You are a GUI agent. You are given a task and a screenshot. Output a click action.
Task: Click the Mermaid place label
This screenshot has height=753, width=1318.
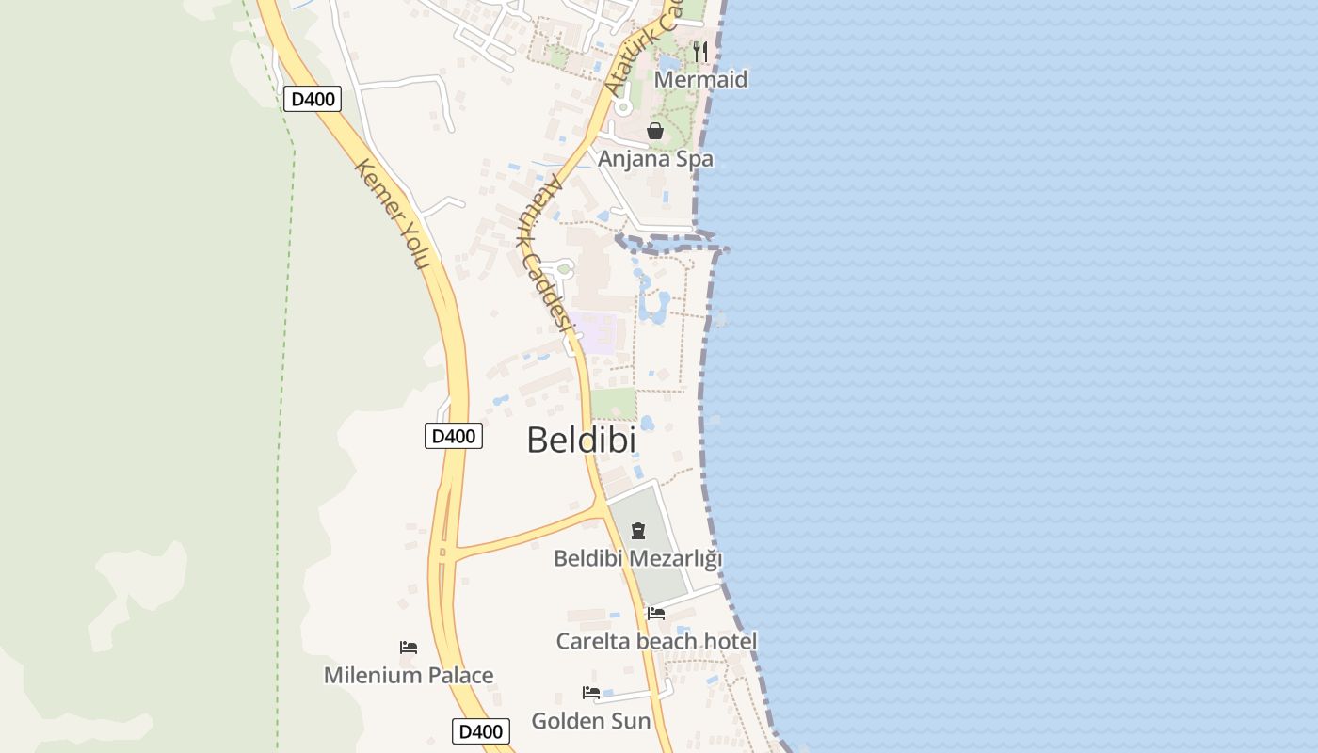tap(700, 80)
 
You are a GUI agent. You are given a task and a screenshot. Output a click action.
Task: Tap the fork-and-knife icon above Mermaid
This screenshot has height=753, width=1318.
tap(699, 51)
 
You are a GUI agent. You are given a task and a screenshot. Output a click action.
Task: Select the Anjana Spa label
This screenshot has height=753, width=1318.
tap(655, 159)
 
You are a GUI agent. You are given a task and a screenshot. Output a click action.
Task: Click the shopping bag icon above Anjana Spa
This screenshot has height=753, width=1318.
tap(655, 131)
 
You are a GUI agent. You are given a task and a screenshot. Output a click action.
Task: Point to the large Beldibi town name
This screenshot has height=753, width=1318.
tap(581, 440)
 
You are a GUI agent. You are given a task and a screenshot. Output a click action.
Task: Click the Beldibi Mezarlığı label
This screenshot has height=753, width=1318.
tap(637, 558)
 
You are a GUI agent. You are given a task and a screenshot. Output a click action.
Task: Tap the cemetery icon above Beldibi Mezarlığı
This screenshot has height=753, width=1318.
tap(638, 531)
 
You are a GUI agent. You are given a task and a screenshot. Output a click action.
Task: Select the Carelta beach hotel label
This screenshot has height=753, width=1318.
tap(656, 641)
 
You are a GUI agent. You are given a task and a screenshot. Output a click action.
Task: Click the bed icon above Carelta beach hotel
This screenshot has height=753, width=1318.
tap(656, 614)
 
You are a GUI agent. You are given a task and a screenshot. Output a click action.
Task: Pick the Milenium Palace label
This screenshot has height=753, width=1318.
tap(409, 675)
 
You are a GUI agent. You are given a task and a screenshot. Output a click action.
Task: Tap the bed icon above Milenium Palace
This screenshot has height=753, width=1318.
tap(409, 648)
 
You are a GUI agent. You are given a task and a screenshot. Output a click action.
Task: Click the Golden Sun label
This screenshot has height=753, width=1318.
tap(591, 721)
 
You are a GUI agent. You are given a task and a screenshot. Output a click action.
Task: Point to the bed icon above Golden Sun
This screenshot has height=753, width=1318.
tap(591, 694)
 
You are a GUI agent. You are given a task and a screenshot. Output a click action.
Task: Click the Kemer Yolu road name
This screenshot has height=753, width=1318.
tap(393, 214)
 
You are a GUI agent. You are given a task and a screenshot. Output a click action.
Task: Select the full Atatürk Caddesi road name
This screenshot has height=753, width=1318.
tap(545, 254)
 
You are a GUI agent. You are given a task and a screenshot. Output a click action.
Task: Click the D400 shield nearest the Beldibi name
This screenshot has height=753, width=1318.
tap(454, 436)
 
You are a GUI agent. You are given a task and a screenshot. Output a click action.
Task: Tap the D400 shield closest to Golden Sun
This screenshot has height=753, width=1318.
tap(481, 731)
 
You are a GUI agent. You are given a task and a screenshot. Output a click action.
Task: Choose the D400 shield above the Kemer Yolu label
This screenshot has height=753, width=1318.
tap(312, 99)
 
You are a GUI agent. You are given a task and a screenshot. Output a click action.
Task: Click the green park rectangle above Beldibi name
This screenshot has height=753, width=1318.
tap(614, 404)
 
